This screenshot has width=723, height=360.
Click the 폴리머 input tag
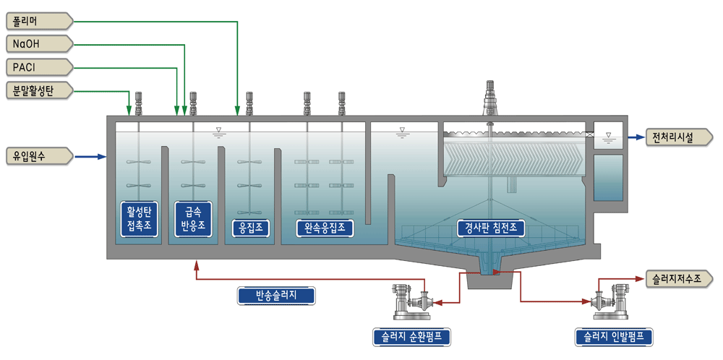(40, 21)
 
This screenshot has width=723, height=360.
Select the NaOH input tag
(40, 44)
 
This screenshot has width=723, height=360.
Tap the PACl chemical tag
(40, 68)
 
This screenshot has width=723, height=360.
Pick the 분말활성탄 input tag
(40, 91)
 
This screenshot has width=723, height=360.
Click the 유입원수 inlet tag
(40, 156)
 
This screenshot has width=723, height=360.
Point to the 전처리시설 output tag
(680, 137)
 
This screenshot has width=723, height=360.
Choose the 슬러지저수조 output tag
(680, 278)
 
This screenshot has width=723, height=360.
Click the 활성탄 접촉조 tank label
(138, 219)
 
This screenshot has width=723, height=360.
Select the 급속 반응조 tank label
(193, 219)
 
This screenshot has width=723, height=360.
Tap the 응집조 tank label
(250, 228)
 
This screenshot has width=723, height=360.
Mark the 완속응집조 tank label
(325, 228)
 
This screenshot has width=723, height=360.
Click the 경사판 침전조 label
(491, 227)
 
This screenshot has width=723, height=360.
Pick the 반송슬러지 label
(276, 296)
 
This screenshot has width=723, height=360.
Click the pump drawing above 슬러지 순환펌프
(411, 302)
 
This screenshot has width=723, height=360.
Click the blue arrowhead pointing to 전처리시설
(640, 137)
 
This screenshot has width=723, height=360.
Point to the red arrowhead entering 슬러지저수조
(640, 278)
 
